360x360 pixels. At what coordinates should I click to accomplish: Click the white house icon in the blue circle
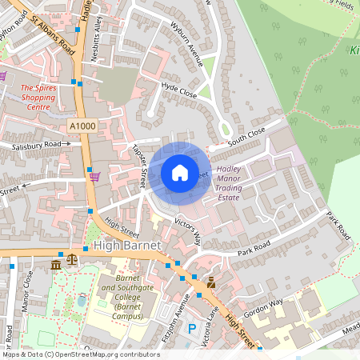180,172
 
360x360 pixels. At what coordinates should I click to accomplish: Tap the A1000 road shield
82,126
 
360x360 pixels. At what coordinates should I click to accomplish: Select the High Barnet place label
126,244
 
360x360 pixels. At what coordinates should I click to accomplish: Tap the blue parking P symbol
191,329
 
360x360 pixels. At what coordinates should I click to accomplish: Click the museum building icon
56,264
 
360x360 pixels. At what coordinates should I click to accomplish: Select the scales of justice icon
74,262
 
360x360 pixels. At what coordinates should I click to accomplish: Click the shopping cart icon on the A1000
95,177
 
